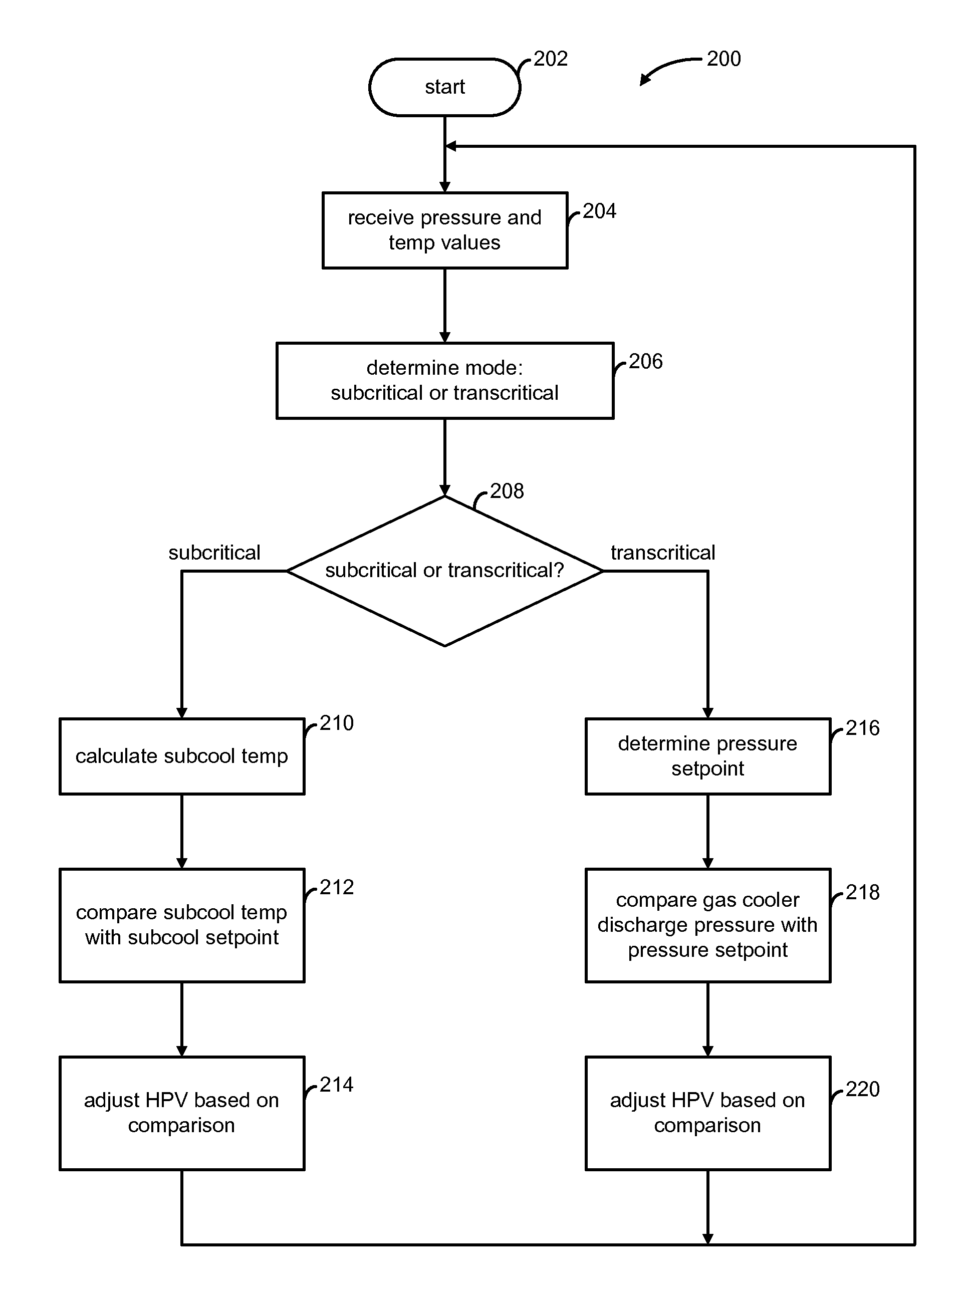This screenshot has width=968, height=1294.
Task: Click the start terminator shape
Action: [444, 87]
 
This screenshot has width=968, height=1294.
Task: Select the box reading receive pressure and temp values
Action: [444, 230]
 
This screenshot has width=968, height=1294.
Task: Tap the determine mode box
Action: [444, 381]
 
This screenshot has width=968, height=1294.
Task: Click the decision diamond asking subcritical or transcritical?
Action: [444, 571]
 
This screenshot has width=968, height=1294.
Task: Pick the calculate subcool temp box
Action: [182, 756]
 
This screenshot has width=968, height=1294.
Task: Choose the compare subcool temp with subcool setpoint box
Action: [182, 925]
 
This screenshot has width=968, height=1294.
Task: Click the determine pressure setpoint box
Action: [708, 756]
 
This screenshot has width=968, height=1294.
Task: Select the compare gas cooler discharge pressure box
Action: [708, 925]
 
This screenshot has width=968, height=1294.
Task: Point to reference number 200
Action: [723, 59]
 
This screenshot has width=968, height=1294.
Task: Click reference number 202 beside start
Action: [550, 59]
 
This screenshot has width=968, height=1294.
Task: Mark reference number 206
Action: [646, 362]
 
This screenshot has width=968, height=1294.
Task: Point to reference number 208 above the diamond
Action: [507, 491]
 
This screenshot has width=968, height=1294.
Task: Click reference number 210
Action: [336, 723]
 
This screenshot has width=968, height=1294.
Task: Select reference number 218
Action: [863, 892]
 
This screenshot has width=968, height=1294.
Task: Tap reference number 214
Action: [336, 1085]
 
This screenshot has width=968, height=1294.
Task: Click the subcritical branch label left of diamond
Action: [214, 553]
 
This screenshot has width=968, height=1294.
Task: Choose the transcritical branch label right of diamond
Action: [663, 553]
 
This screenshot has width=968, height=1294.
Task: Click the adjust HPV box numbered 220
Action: [708, 1113]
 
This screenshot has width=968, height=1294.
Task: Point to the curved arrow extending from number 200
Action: [667, 65]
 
